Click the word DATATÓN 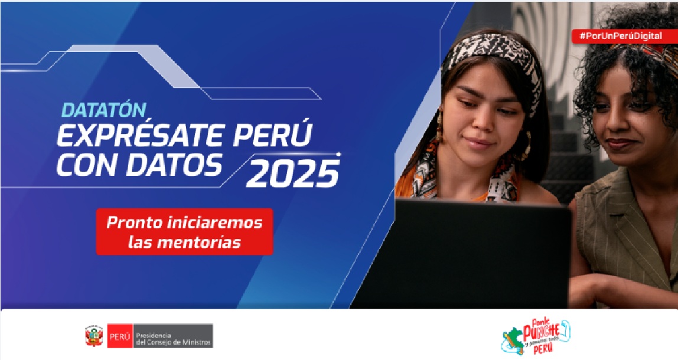pos(104,110)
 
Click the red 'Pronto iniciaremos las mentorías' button pos(184,232)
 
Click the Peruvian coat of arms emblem pos(93,336)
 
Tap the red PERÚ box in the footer pos(119,336)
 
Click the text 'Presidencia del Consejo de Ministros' pos(174,336)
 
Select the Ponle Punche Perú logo pos(535,337)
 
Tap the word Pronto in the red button pos(129,223)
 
